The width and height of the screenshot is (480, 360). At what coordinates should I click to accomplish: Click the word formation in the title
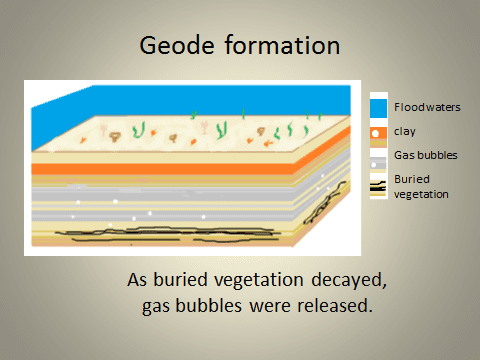pyautogui.click(x=284, y=45)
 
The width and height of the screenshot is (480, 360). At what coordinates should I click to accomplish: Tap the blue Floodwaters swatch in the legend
pyautogui.click(x=377, y=106)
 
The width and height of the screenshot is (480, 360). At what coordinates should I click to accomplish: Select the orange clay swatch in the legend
pyautogui.click(x=377, y=131)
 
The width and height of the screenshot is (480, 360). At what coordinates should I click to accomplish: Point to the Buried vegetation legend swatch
pyautogui.click(x=377, y=184)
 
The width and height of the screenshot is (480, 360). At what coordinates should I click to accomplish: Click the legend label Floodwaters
pyautogui.click(x=427, y=106)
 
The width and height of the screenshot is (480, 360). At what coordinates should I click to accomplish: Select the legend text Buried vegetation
pyautogui.click(x=421, y=185)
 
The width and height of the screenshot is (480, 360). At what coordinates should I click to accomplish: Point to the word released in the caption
pyautogui.click(x=337, y=304)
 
